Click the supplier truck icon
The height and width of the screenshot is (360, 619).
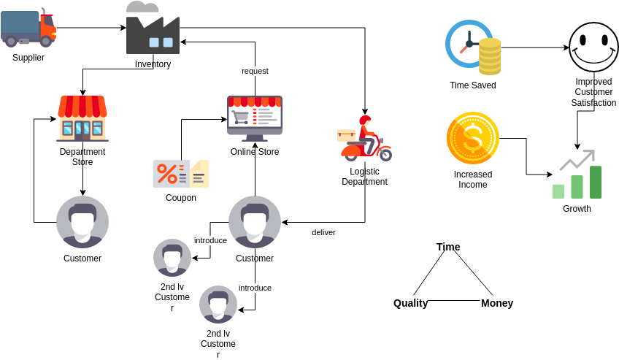28,28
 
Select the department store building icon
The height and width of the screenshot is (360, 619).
82,118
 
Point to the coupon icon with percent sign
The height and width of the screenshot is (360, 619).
180,174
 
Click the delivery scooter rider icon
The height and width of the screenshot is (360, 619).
364,139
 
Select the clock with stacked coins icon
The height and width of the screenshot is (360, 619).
473,48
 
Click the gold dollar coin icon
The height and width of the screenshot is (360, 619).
472,139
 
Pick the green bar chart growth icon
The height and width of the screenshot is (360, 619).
577,176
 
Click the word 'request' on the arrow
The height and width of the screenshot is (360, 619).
255,71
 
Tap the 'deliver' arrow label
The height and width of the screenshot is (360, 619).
323,232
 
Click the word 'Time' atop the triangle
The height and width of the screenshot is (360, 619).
448,247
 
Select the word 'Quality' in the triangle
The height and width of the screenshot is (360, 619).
410,303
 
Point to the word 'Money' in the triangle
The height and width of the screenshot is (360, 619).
497,303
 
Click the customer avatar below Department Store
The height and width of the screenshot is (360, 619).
82,222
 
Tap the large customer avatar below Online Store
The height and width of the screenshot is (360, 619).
255,222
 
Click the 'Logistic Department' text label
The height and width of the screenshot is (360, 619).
364,177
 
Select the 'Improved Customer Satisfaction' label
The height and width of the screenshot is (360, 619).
593,92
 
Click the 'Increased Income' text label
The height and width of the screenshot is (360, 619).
473,180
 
